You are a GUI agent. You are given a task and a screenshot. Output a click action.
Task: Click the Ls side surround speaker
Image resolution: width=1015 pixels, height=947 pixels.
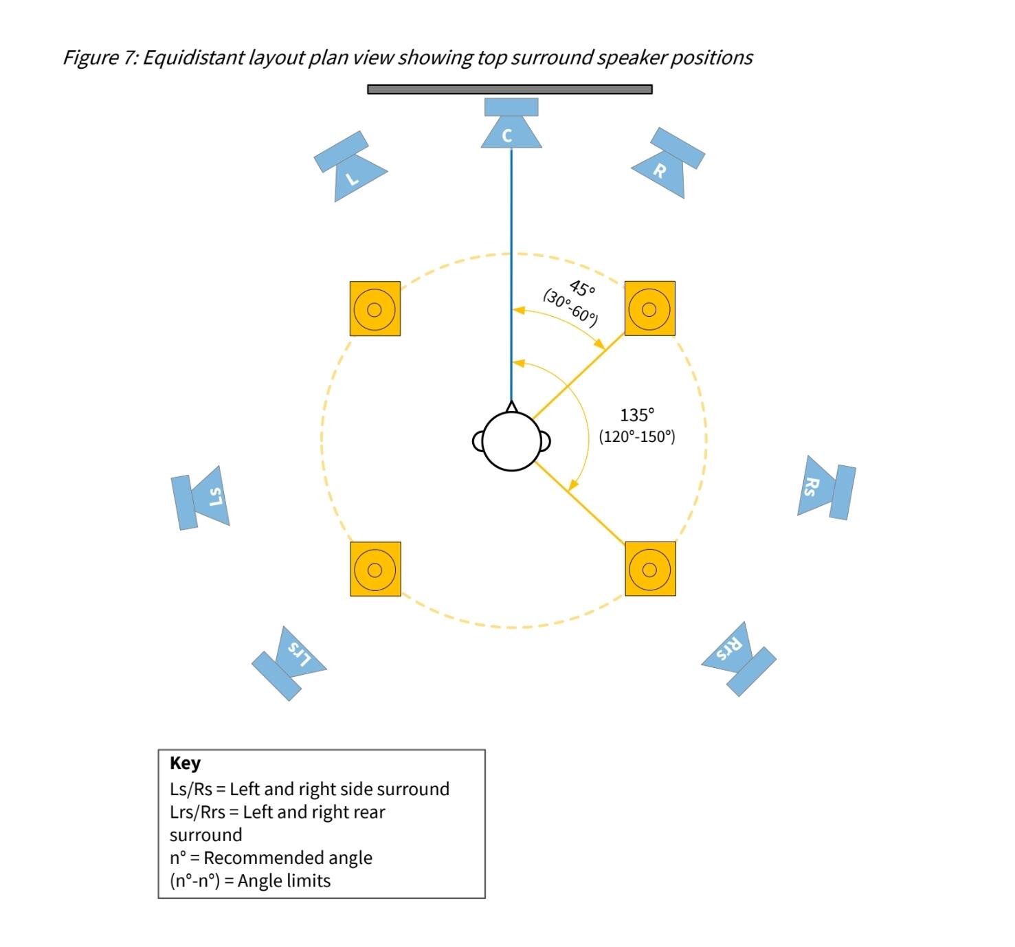(201, 498)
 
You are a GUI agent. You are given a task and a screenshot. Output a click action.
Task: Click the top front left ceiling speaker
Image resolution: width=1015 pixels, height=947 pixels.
(375, 309)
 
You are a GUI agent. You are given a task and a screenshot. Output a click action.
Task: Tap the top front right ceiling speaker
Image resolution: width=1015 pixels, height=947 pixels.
(649, 309)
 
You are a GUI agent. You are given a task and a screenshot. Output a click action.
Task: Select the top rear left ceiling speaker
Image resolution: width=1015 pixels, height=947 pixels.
(375, 569)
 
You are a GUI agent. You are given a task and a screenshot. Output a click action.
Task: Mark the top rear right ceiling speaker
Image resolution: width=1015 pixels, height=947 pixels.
(650, 569)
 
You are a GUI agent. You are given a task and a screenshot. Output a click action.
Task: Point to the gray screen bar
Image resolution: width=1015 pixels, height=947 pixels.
(510, 89)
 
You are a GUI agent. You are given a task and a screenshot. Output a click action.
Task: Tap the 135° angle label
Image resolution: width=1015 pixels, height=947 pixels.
(637, 415)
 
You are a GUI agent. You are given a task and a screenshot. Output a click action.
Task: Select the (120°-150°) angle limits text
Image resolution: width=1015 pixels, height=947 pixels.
(637, 437)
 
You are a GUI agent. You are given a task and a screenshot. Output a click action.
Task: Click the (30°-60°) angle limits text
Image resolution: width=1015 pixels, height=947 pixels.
(570, 307)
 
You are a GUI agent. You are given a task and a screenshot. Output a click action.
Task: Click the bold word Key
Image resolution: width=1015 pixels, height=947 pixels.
(185, 764)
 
